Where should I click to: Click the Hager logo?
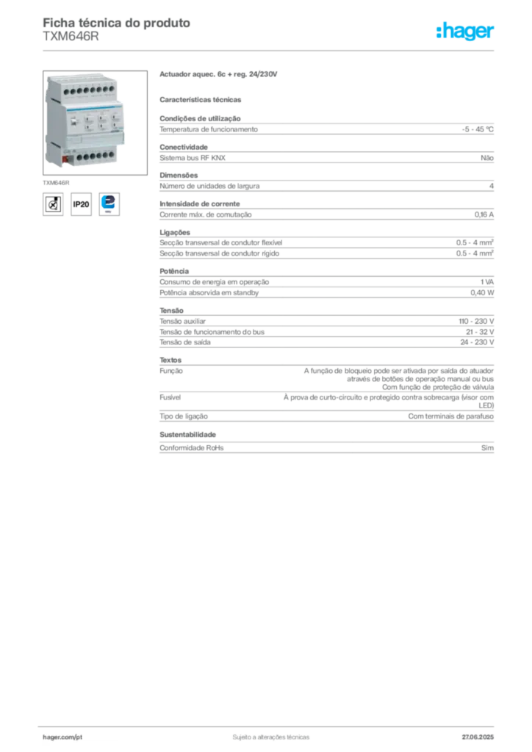pos(465,31)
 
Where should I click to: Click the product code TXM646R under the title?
pos(71,37)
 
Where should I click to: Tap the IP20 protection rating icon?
pos(81,204)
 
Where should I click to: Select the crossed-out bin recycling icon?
pos(53,204)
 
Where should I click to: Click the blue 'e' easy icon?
pos(109,204)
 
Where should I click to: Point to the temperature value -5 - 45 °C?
pos(478,129)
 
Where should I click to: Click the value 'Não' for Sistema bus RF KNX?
pos(487,158)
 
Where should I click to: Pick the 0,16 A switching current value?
pos(484,215)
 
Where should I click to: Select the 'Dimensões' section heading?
pos(179,176)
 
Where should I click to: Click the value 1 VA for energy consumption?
pos(487,282)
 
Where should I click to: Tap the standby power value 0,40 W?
pos(482,292)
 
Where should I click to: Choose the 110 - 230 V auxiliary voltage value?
pos(476,322)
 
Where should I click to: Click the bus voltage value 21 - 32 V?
pos(480,332)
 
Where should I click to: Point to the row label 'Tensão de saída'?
pos(185,342)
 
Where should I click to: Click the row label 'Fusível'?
pos(170,397)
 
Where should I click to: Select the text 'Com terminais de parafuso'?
pos(451,416)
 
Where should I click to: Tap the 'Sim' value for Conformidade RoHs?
pos(487,448)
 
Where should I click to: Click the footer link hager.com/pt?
pos(62,737)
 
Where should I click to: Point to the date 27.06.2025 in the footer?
pos(478,737)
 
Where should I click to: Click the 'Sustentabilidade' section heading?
pos(187,435)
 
